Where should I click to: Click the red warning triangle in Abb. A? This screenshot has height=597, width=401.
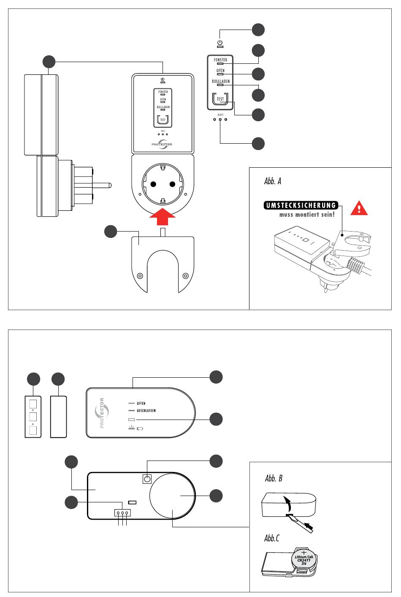[359, 208]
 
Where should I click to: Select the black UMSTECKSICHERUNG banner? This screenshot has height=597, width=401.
[300, 206]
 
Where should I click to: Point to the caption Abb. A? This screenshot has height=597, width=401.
[273, 182]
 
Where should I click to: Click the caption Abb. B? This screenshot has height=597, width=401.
[273, 478]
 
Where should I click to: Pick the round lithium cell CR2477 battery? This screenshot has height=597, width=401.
[303, 560]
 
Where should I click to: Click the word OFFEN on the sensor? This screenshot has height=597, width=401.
[141, 403]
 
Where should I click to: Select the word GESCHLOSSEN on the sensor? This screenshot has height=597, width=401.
[146, 411]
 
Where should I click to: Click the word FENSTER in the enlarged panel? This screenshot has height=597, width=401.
[220, 60]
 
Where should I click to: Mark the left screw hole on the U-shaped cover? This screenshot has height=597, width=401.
[140, 276]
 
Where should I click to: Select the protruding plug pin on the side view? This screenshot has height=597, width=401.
[101, 185]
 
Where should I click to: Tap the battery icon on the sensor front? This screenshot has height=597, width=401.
[140, 429]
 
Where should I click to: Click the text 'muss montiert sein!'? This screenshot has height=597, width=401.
[307, 215]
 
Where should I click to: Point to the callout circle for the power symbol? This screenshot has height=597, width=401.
[259, 29]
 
